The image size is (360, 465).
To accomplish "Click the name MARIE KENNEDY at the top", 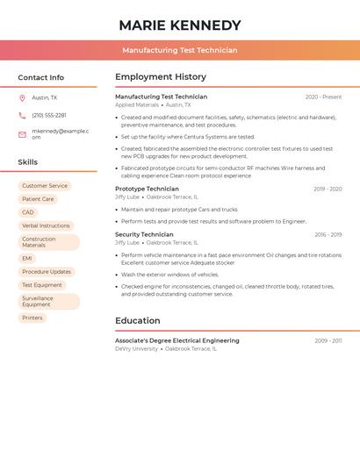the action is tap(179, 25).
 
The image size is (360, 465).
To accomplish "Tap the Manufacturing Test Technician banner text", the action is tap(179, 50).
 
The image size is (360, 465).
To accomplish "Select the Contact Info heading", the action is tap(40, 77).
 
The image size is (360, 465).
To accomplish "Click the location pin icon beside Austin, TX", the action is tap(22, 97).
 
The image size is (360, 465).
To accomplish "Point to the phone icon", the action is tap(22, 115).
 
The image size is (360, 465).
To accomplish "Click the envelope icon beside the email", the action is tap(22, 134).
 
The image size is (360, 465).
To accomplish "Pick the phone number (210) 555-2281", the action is tap(49, 115).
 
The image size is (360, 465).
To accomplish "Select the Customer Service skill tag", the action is tap(45, 186).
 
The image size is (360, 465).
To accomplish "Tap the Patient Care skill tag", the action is tap(38, 199).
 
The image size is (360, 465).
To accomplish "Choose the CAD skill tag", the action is tap(28, 212).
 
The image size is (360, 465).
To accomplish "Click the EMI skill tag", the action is tap(27, 258).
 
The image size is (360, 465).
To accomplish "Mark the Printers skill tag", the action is tap(32, 318).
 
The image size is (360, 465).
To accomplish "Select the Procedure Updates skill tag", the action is tap(47, 272).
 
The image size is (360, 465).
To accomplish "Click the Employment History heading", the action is tap(161, 77).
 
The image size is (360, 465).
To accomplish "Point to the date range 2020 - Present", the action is tap(323, 97).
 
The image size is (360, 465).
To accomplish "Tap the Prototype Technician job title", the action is tap(147, 189).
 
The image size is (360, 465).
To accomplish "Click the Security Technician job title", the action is tap(144, 234).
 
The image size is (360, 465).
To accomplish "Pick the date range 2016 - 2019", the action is tap(328, 234).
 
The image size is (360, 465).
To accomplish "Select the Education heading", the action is tap(137, 320).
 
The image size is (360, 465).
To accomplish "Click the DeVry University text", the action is tap(136, 348).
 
